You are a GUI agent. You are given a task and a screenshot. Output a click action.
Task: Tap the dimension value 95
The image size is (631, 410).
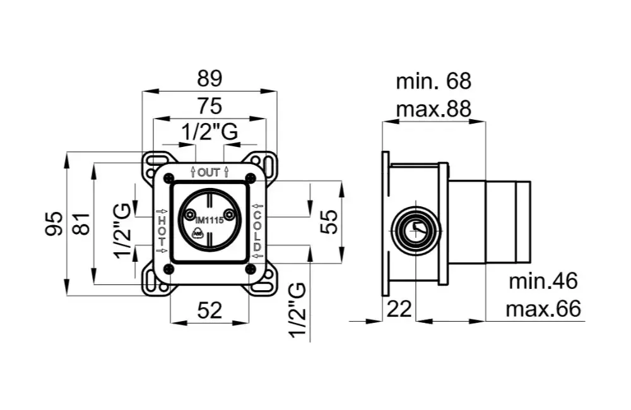(55, 223)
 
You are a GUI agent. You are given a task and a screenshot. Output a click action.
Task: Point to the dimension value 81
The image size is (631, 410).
(81, 223)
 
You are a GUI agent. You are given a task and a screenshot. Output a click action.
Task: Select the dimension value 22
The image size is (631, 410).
(399, 308)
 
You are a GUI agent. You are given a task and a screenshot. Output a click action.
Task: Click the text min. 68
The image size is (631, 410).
(433, 81)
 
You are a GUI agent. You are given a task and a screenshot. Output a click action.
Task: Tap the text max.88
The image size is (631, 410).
(433, 108)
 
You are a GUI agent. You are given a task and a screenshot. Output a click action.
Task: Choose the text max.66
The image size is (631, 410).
(543, 309)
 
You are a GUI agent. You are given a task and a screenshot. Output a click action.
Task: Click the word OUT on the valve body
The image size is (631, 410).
(209, 172)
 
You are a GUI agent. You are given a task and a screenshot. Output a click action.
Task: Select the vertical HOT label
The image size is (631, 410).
(162, 230)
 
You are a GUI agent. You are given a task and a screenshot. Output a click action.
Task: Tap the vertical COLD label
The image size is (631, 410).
(257, 230)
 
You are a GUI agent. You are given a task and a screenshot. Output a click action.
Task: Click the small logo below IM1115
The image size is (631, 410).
(198, 235)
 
